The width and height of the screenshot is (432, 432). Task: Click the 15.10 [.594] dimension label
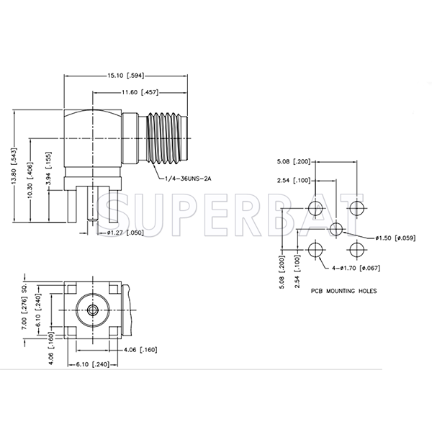point(125,76)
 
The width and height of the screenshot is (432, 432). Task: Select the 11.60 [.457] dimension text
point(140,92)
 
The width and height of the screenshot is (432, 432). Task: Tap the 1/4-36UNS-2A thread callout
point(188,179)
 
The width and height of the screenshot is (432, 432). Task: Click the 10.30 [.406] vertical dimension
point(30,179)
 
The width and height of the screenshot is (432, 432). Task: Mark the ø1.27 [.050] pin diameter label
point(125,233)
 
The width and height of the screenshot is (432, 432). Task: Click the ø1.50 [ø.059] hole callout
point(395,238)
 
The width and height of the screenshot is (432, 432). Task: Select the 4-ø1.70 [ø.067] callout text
point(356,268)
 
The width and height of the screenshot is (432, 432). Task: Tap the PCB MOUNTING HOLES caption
point(344,291)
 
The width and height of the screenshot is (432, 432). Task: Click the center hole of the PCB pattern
point(336,229)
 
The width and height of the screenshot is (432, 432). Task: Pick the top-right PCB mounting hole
point(357,208)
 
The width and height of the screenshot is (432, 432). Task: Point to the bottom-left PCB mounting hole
point(315,250)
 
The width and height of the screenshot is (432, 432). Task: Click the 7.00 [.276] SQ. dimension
point(24,306)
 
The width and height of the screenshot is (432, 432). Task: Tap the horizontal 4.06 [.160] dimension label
point(140,350)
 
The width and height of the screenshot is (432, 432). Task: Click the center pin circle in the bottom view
point(93,310)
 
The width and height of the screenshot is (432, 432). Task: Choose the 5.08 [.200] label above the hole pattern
point(294,161)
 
